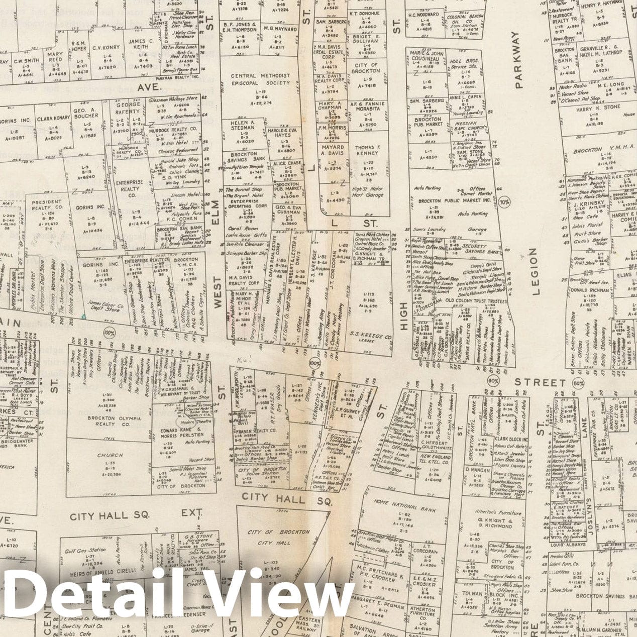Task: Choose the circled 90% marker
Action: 493,381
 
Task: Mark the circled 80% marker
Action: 578,384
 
